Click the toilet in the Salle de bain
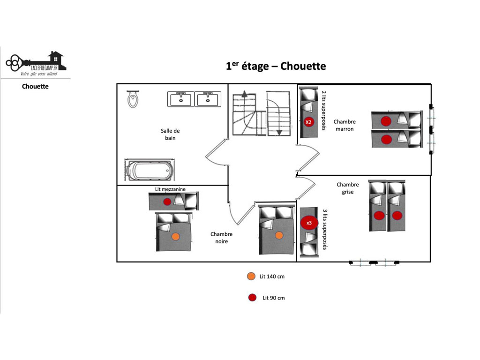pyautogui.click(x=133, y=99)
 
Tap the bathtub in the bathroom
pyautogui.click(x=150, y=170)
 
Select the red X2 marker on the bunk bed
pyautogui.click(x=308, y=122)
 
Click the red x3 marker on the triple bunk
pyautogui.click(x=309, y=223)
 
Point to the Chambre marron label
pyautogui.click(x=345, y=125)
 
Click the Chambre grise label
pyautogui.click(x=348, y=188)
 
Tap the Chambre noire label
pyautogui.click(x=221, y=238)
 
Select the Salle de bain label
pyautogui.click(x=170, y=134)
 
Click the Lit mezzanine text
pyautogui.click(x=170, y=189)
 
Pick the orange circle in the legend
pyautogui.click(x=251, y=276)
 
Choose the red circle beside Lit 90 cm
pyautogui.click(x=252, y=298)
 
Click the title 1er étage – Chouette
pyautogui.click(x=276, y=66)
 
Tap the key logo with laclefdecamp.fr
pyautogui.click(x=36, y=63)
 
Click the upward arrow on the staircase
pyautogui.click(x=244, y=94)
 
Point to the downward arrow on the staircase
pyautogui.click(x=279, y=132)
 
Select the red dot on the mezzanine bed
pyautogui.click(x=167, y=202)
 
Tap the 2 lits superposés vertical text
pyautogui.click(x=324, y=110)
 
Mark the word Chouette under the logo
pyautogui.click(x=35, y=86)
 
